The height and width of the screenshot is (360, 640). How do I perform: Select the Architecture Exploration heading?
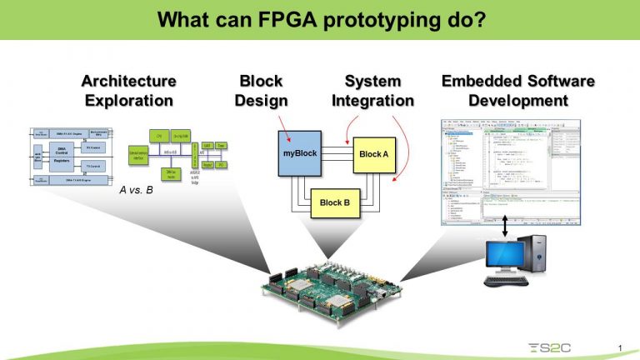point(128,91)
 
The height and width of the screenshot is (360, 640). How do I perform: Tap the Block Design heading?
point(261,91)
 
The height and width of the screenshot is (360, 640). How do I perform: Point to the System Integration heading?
point(372,91)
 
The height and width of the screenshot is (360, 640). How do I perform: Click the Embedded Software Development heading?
point(517,91)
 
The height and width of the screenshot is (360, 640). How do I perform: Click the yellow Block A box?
point(373,154)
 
